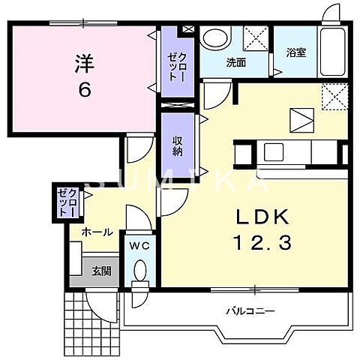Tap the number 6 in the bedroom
(x=84, y=89)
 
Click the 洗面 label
(x=236, y=63)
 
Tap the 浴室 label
(x=295, y=53)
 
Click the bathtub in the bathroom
(x=333, y=51)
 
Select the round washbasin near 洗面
(x=216, y=39)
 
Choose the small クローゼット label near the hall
(x=68, y=201)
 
